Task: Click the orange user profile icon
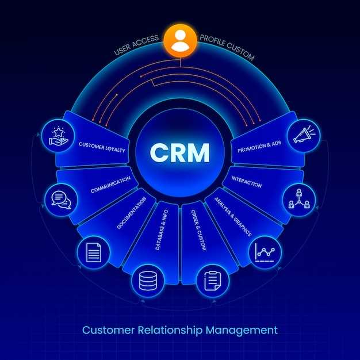[x=180, y=41]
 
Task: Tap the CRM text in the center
[x=180, y=152]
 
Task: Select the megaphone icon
[x=304, y=135]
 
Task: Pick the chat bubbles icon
[x=61, y=200]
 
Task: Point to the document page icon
[x=94, y=252]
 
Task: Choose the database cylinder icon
[x=148, y=281]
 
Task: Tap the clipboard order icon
[x=213, y=281]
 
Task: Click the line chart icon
[x=265, y=252]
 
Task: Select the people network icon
[x=299, y=199]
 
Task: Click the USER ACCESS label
[x=136, y=45]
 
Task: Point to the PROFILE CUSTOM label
[x=227, y=48]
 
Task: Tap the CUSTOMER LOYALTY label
[x=102, y=147]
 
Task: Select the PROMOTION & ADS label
[x=259, y=147]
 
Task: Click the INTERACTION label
[x=246, y=182]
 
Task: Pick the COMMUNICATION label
[x=110, y=185]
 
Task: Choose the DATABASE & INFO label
[x=162, y=229]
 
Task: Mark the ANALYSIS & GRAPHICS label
[x=233, y=217]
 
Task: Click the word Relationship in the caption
[x=170, y=331]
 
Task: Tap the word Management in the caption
[x=242, y=331]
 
